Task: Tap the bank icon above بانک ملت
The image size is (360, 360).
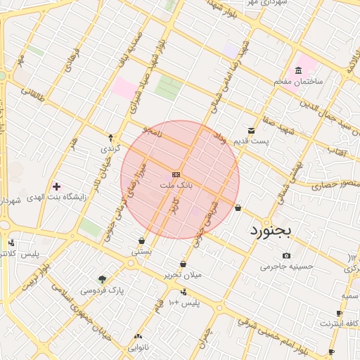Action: [x=176, y=174]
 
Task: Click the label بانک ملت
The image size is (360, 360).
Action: [x=176, y=185]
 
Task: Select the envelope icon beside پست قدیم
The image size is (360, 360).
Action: [x=251, y=131]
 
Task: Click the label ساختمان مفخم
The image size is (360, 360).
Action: [x=298, y=82]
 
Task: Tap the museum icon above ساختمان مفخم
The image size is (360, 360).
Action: [x=298, y=70]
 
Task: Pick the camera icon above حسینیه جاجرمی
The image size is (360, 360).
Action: [x=286, y=255]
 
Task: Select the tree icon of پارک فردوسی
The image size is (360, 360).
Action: [x=103, y=279]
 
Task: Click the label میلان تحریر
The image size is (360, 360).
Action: [x=183, y=274]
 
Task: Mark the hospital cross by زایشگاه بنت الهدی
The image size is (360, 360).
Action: [x=57, y=187]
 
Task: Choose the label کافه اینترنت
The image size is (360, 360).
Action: [x=340, y=323]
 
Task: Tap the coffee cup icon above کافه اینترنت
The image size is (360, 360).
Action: [x=340, y=313]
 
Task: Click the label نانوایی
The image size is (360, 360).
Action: [x=137, y=347]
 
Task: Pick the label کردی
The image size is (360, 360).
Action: [x=111, y=149]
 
